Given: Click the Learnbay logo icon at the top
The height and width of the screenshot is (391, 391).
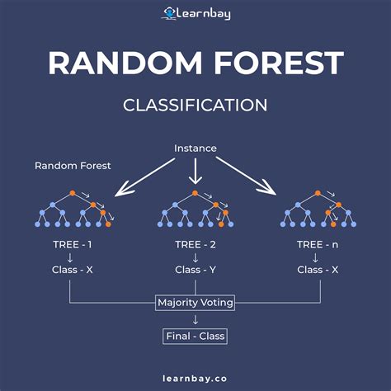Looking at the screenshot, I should pos(170,12).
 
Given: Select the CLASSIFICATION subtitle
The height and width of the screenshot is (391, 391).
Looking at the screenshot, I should pos(195,105).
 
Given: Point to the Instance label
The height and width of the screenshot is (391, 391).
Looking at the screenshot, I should pos(195,148).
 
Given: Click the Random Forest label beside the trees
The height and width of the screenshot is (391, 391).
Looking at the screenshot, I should pos(73,166).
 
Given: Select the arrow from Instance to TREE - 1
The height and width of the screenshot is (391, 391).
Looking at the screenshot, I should pos(141,178).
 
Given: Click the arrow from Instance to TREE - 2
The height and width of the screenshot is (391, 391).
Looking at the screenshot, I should pos(195,172).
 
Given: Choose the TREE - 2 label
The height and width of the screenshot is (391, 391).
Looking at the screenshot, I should pos(195,245).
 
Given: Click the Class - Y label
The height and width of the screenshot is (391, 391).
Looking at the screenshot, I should pos(195,270).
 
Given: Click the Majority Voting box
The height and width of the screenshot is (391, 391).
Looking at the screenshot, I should pos(195,303).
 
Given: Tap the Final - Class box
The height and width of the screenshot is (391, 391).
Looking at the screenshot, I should pos(195,336).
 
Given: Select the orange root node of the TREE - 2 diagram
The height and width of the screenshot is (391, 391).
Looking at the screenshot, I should pos(195,193).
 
